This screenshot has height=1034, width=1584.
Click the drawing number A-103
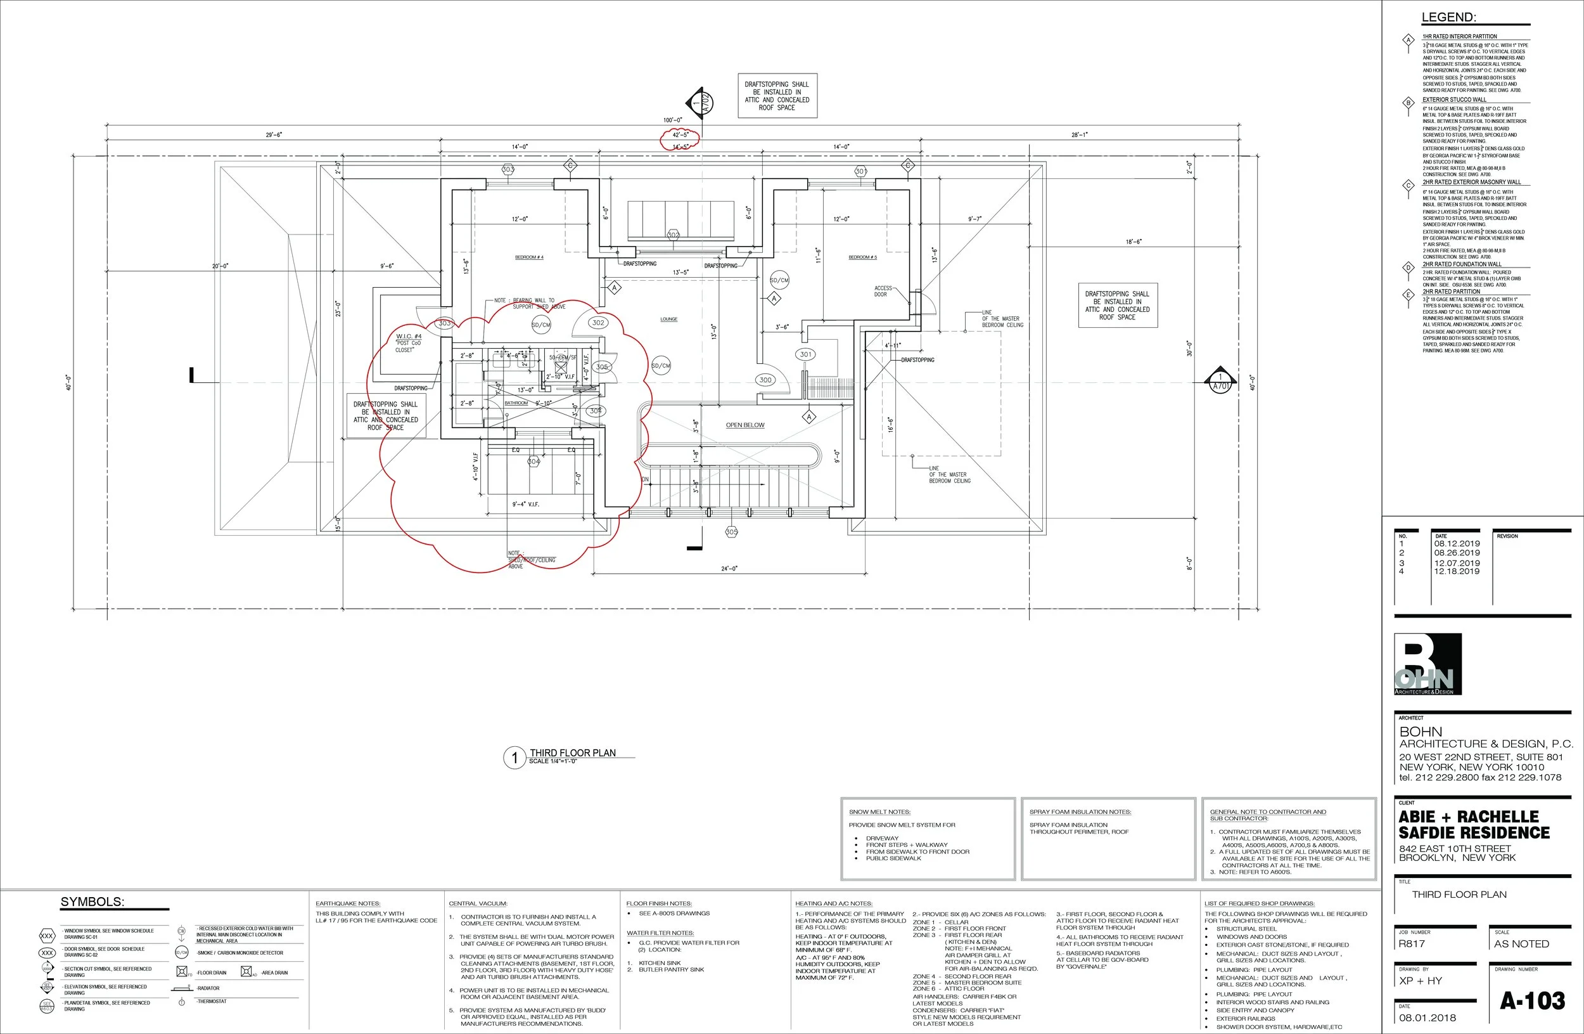click(x=1532, y=1000)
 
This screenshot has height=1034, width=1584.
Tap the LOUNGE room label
click(x=668, y=320)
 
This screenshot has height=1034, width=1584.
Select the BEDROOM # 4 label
click(x=529, y=257)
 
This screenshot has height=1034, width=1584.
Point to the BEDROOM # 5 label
click(x=862, y=257)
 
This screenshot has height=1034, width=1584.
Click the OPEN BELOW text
click(x=744, y=425)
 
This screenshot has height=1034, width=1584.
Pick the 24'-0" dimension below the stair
click(x=729, y=569)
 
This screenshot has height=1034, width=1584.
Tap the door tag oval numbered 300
click(x=765, y=380)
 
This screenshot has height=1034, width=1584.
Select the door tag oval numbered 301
click(x=805, y=354)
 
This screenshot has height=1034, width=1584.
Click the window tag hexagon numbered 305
click(x=731, y=532)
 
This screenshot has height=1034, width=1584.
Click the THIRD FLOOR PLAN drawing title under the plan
click(x=572, y=753)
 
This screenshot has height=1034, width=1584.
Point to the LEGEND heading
click(x=1448, y=18)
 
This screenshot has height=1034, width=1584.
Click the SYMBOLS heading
click(x=92, y=902)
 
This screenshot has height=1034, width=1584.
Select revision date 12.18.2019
click(x=1457, y=571)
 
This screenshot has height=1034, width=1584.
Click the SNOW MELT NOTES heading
click(x=879, y=811)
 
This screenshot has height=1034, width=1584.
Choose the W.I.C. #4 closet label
click(x=409, y=336)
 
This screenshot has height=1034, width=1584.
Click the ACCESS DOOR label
click(x=883, y=291)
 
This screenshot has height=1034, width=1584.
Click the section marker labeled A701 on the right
click(x=1220, y=382)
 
